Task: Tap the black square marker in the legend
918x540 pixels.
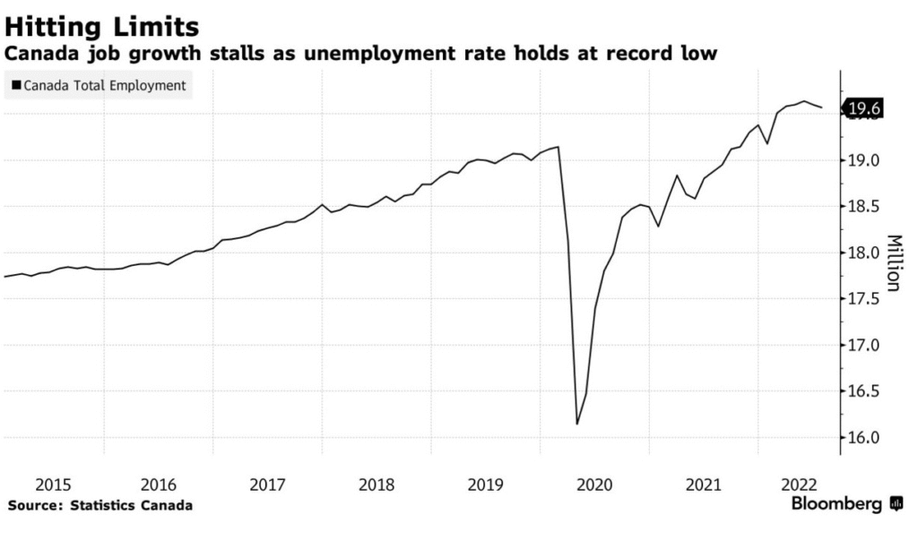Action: point(16,86)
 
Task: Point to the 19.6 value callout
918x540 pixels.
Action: point(864,109)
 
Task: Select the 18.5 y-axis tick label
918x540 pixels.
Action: point(864,207)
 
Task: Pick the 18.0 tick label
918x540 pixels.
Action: point(864,253)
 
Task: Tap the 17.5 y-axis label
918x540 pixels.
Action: point(864,299)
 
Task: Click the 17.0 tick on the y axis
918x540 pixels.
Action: point(864,346)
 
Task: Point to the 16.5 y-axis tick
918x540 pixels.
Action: point(864,391)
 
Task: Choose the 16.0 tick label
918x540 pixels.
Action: point(864,438)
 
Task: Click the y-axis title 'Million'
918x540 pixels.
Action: point(894,262)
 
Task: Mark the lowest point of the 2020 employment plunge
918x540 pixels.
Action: point(576,424)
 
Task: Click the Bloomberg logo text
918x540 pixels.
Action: point(836,505)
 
